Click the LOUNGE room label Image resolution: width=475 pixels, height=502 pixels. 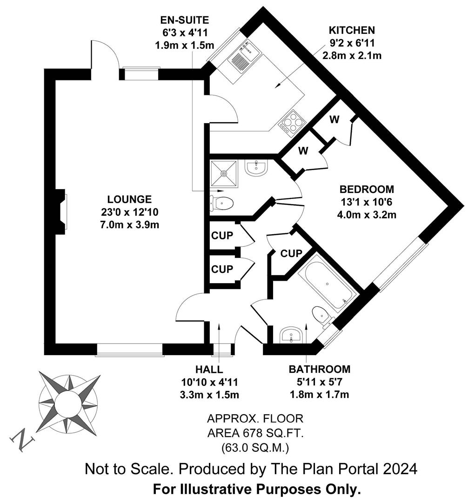[x=129, y=199]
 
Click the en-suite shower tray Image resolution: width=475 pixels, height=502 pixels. [x=224, y=173]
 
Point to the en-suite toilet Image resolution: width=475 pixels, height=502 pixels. [x=221, y=203]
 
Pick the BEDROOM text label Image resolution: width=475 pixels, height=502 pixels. [x=367, y=189]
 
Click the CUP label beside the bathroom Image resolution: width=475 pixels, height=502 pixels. [x=291, y=254]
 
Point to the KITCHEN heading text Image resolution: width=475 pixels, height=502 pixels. [x=352, y=30]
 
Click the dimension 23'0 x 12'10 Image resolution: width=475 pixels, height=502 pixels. [x=129, y=212]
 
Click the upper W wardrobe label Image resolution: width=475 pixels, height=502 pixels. [x=335, y=119]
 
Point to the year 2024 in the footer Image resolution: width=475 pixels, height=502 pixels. [x=400, y=469]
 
